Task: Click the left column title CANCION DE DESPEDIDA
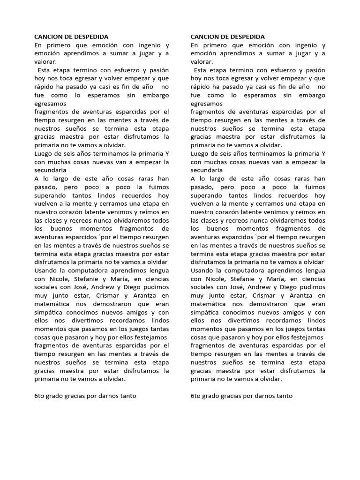71,37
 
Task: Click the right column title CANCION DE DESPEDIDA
227,37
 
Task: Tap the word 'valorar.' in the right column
202,61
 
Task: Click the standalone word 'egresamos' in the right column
207,103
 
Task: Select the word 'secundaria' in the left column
51,170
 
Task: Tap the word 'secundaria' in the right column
207,170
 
